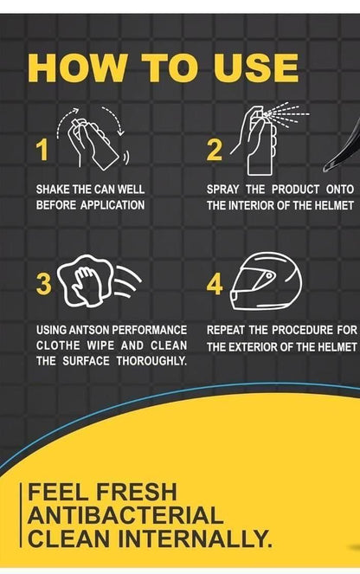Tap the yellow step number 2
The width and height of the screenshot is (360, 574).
215,151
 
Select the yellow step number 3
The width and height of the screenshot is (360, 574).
44,283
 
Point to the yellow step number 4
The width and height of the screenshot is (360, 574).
215,284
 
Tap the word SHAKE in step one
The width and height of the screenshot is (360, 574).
54,189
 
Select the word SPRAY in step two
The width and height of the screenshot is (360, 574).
227,189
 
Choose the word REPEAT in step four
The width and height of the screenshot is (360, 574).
229,330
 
